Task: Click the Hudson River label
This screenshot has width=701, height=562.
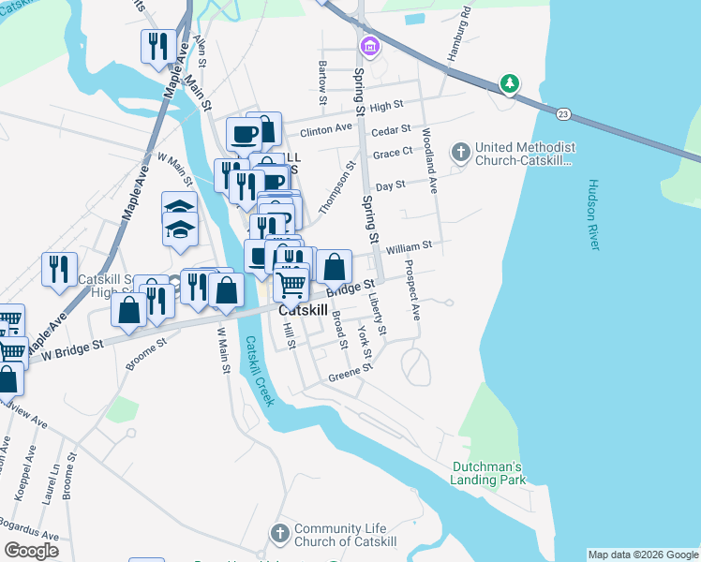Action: pos(593,214)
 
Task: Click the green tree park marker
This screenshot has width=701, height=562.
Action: pos(509,84)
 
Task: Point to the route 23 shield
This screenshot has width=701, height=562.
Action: pos(562,114)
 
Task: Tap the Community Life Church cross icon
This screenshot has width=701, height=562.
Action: pos(279,534)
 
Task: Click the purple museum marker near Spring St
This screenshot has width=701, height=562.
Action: pos(369,45)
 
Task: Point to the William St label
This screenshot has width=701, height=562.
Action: pos(408,247)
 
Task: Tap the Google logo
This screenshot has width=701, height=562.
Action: pos(31,551)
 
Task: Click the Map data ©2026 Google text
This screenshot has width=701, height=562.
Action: pos(643,555)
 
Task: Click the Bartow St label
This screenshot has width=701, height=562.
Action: pos(322,82)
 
